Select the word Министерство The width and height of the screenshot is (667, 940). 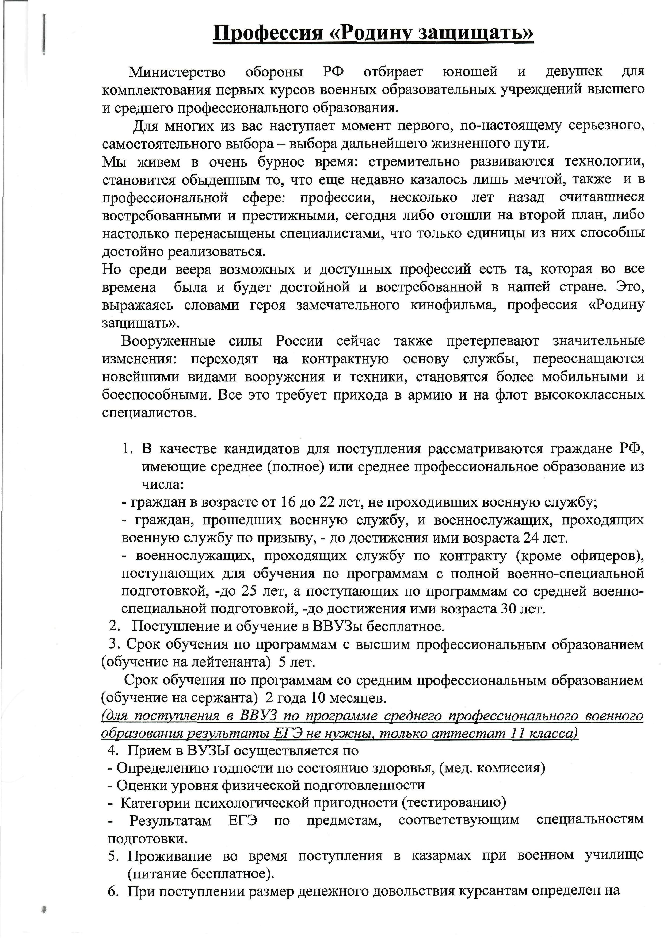[177, 72]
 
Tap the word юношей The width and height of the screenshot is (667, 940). [470, 72]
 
